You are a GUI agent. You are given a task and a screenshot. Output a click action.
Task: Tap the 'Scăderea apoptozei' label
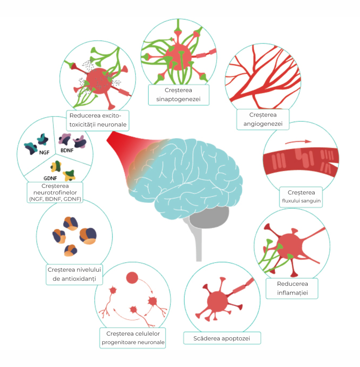[222, 338]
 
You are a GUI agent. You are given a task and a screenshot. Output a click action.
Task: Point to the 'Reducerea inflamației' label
[292, 289]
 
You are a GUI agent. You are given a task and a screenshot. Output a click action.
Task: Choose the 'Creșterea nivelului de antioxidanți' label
[75, 275]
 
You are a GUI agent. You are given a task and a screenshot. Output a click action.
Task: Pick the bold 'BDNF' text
[67, 150]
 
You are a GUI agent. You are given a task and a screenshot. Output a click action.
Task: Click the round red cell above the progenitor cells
[133, 277]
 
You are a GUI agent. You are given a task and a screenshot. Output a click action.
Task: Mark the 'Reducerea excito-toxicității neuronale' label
[97, 120]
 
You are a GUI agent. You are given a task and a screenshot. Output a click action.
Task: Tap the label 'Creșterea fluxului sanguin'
[301, 197]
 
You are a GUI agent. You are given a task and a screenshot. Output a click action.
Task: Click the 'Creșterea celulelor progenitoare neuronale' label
[133, 338]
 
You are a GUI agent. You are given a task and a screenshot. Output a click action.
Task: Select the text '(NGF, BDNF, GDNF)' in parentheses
[55, 199]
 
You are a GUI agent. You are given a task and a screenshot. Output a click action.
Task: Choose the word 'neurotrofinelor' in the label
[55, 192]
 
